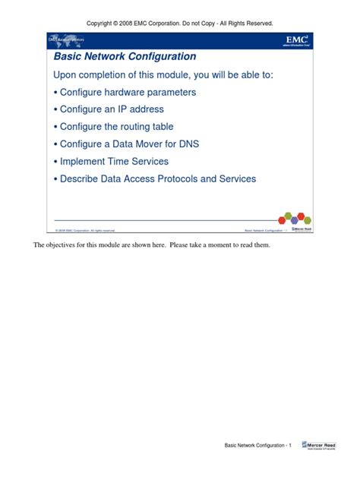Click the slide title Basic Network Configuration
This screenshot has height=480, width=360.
pos(125,56)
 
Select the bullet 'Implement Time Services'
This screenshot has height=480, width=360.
pos(111,161)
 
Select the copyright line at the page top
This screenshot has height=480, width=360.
pos(180,24)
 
